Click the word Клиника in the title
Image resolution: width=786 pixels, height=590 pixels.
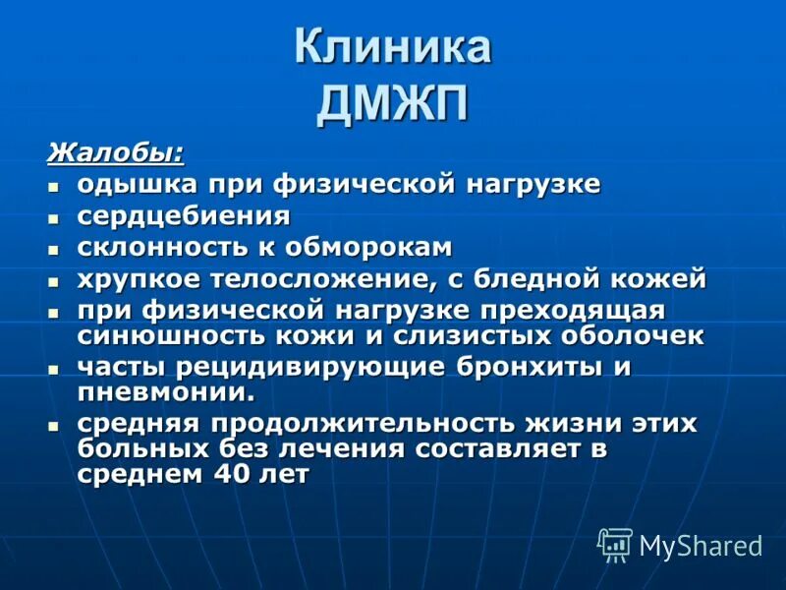[x=393, y=48]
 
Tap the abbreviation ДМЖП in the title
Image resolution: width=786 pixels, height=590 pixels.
[x=393, y=102]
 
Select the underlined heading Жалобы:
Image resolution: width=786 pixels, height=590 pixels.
[x=116, y=153]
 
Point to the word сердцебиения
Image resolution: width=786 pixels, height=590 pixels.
[x=184, y=215]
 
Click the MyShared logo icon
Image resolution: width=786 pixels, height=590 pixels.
[x=615, y=545]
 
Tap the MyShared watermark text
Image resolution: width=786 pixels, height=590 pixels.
[x=701, y=547]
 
